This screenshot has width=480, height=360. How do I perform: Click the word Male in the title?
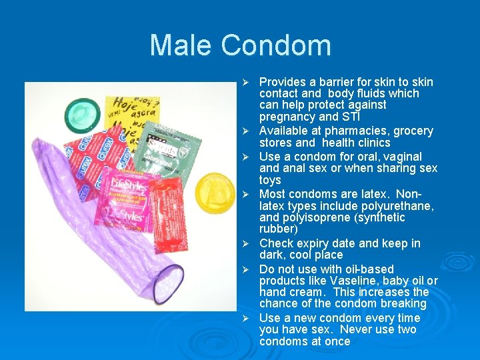pyautogui.click(x=181, y=45)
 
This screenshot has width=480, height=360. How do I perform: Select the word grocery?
pyautogui.click(x=412, y=131)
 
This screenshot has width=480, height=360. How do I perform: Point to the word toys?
pyautogui.click(x=270, y=180)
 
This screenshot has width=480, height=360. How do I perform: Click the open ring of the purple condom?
pyautogui.click(x=167, y=283)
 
